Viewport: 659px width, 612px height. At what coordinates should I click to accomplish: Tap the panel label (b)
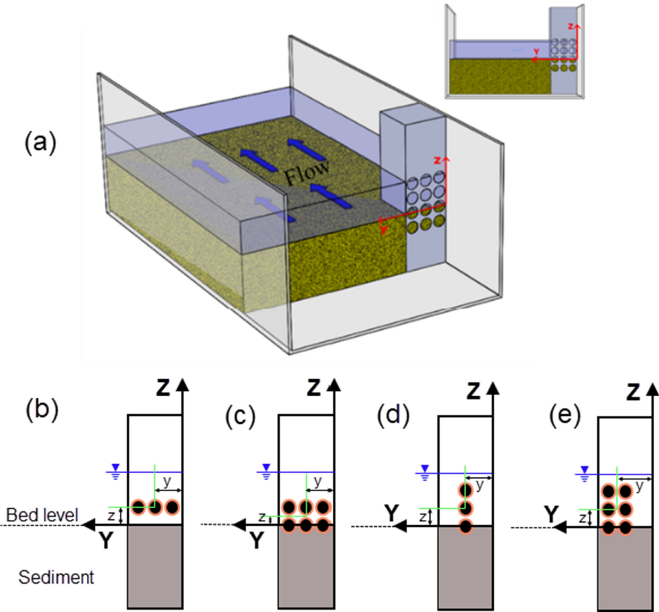tap(42, 412)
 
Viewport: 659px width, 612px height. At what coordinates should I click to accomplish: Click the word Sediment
tap(56, 577)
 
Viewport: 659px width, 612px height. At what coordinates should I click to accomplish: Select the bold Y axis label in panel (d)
tap(391, 513)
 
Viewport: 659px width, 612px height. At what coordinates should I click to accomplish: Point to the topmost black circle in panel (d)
tap(465, 490)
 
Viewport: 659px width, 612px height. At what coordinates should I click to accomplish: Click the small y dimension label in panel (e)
tap(639, 486)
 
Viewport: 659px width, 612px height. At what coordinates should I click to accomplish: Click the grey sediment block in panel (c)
tap(306, 565)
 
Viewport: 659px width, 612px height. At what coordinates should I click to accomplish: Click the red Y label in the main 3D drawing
tap(383, 231)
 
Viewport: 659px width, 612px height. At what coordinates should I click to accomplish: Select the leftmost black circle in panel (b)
tap(138, 507)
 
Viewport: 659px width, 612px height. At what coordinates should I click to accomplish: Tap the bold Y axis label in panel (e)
tap(550, 514)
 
